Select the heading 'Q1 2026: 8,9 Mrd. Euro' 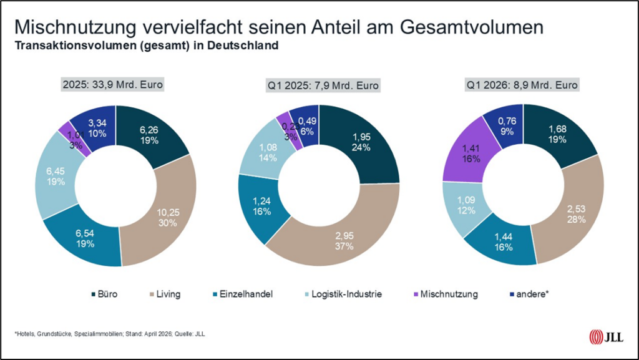coord(523,85)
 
